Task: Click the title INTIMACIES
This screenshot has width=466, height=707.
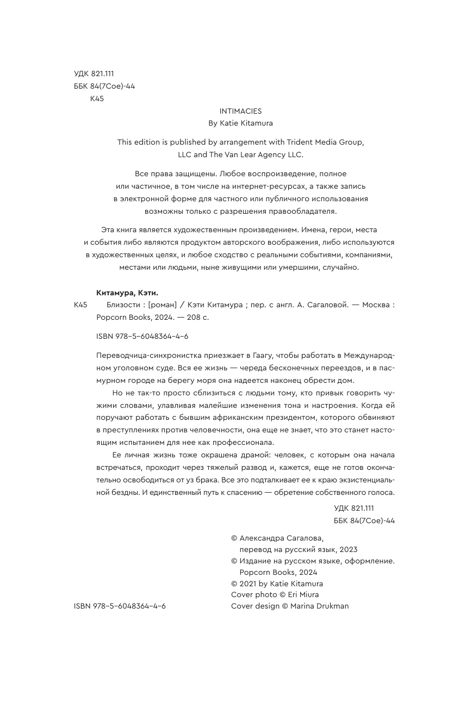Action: tap(240, 111)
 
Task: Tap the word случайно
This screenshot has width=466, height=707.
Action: tap(342, 267)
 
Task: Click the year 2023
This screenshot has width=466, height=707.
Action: tap(347, 550)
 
